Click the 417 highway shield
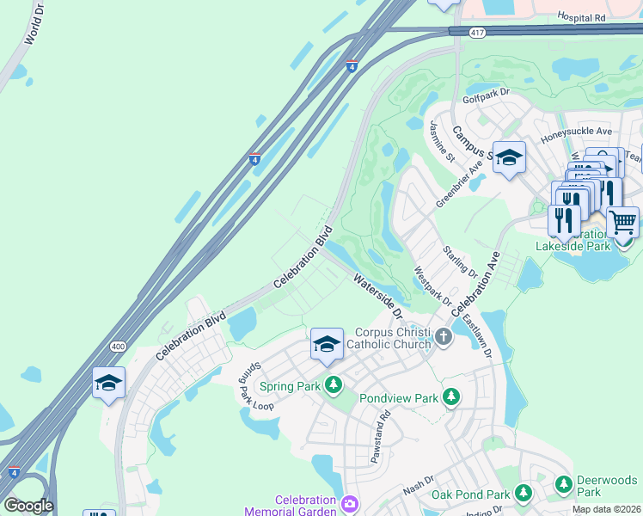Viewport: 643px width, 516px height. click(x=476, y=32)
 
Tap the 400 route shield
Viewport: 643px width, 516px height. click(x=116, y=346)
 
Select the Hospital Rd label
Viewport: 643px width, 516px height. click(x=581, y=16)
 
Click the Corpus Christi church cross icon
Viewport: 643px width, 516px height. click(x=444, y=336)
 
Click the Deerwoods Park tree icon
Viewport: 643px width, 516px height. click(x=564, y=484)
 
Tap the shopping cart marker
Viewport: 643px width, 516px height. click(x=622, y=223)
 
